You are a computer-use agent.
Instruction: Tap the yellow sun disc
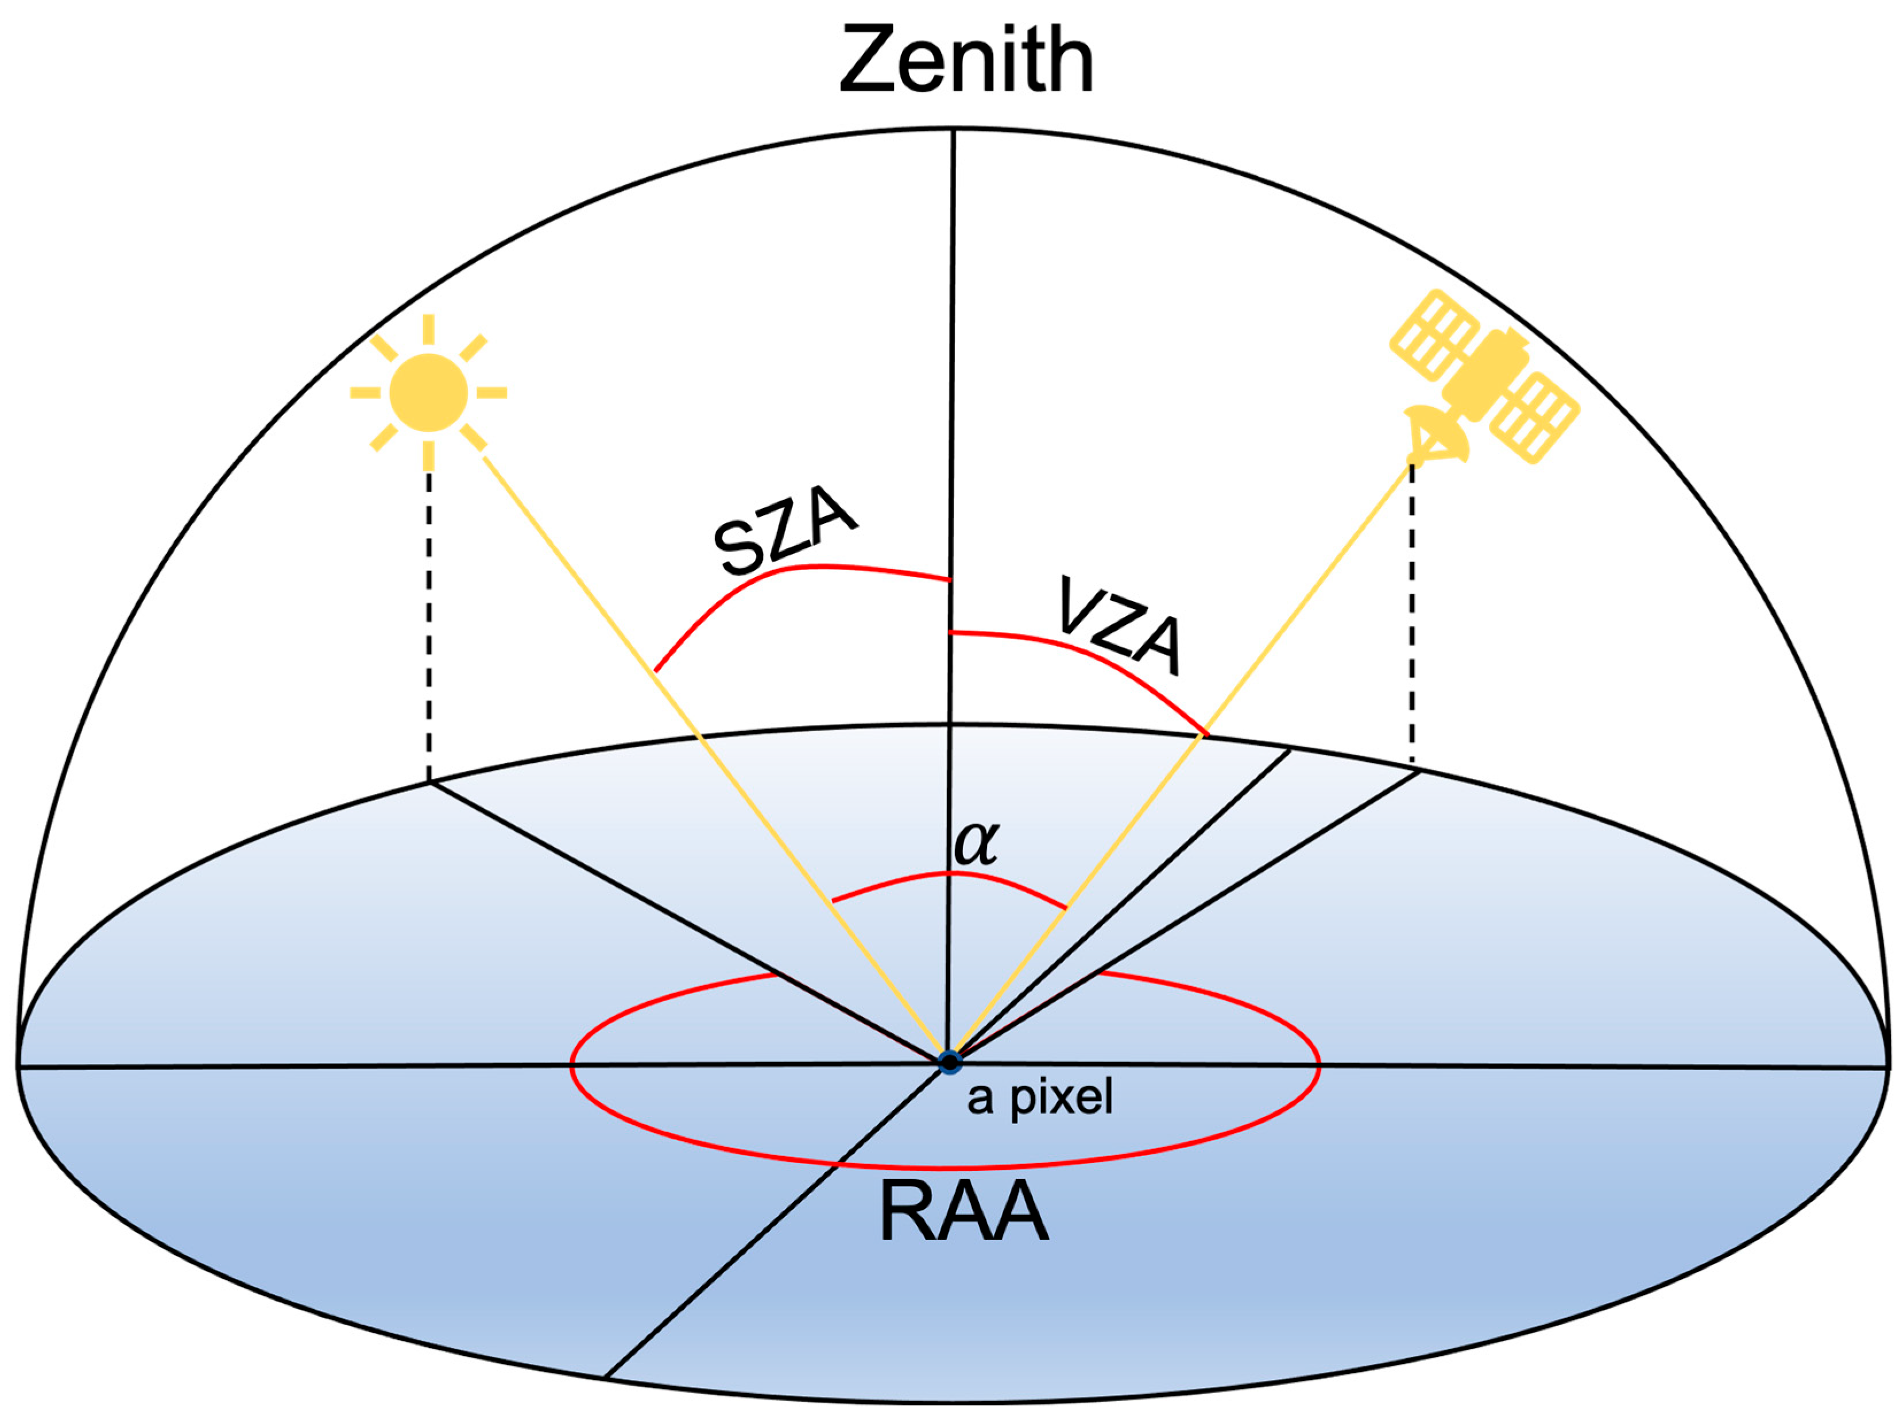point(429,392)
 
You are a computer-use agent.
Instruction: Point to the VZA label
point(1119,626)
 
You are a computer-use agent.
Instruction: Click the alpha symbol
point(976,843)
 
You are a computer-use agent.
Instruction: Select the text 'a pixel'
point(1040,1097)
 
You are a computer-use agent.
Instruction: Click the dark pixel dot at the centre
point(950,1063)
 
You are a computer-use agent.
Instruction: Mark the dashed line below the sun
point(429,628)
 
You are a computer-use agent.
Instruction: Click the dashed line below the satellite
point(1412,619)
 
